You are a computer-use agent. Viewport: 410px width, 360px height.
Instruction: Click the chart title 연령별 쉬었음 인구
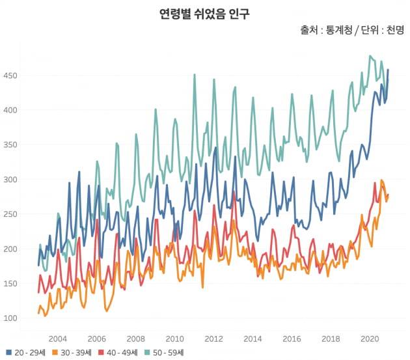(204, 13)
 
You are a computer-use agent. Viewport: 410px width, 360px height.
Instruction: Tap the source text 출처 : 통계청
(323, 30)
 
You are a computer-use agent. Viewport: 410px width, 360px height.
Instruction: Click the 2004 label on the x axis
(57, 339)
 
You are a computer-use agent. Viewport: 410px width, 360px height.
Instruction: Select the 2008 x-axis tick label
(135, 339)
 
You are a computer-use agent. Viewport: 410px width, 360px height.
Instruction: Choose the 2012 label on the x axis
(213, 339)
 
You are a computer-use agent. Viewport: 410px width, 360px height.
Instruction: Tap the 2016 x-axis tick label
(292, 339)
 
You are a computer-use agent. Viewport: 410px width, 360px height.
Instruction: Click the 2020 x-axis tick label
(370, 339)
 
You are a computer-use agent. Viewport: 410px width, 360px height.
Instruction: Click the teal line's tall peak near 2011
(194, 75)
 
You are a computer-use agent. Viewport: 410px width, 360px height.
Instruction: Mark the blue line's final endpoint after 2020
(389, 70)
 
